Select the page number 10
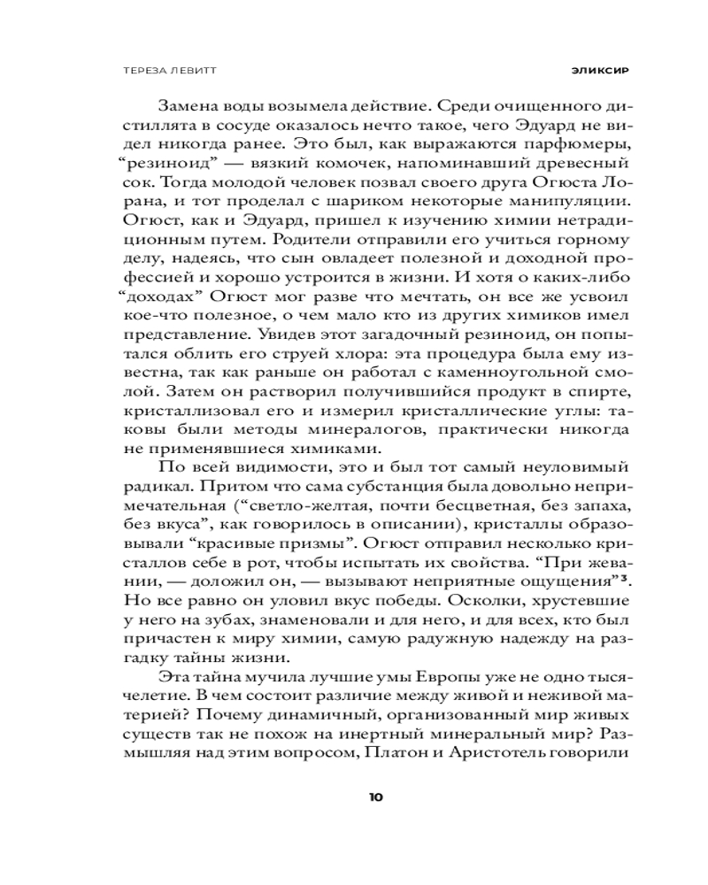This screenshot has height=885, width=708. click(x=375, y=796)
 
